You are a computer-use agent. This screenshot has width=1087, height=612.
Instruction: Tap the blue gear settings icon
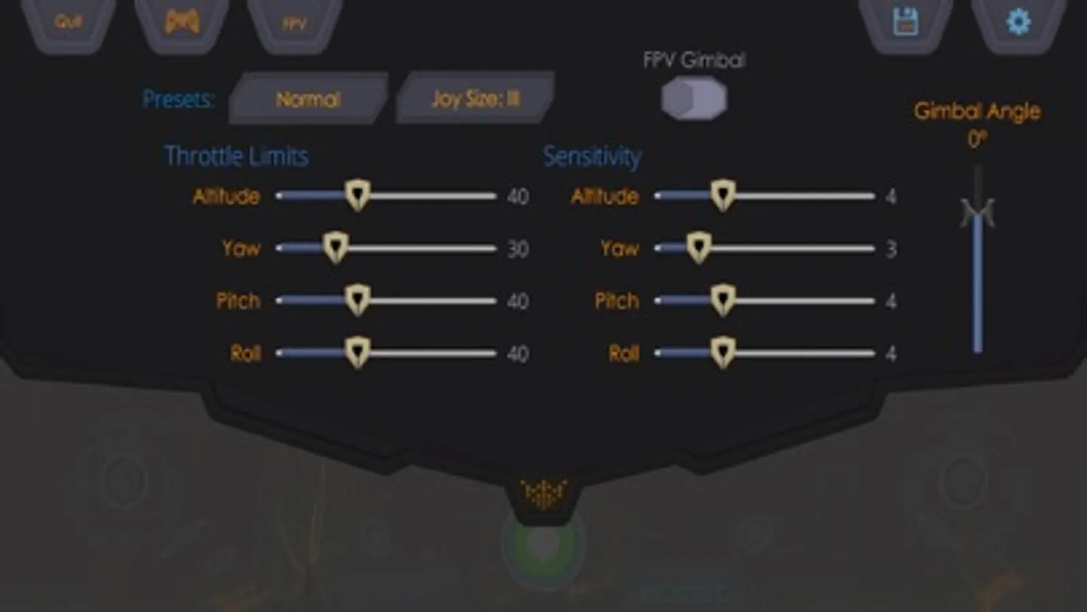[1018, 22]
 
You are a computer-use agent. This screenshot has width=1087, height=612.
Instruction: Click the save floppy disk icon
[905, 22]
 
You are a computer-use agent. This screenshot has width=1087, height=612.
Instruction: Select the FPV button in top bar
[294, 24]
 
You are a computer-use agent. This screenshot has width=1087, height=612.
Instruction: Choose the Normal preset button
[308, 99]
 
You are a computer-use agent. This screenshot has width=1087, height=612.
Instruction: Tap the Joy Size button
[475, 99]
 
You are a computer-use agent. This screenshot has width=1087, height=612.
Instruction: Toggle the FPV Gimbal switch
[693, 99]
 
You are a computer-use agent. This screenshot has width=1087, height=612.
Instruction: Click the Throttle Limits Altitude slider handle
[357, 196]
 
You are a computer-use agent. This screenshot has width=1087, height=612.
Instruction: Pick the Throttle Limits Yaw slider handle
[334, 248]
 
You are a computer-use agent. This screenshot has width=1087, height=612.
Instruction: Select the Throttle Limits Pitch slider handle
[357, 300]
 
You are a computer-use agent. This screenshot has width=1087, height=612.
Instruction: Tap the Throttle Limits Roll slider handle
[357, 352]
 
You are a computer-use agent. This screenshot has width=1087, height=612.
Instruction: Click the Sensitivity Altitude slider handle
[722, 196]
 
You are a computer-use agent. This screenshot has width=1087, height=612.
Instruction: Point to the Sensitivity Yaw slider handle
[698, 248]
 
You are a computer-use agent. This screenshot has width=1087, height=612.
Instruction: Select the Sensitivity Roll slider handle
[722, 352]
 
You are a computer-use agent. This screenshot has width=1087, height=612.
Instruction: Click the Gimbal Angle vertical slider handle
[978, 212]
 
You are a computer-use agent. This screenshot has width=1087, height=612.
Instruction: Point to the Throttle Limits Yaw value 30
[518, 249]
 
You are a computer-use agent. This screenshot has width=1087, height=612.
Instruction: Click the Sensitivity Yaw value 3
[891, 249]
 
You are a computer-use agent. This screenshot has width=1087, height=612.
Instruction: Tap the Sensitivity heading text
[591, 156]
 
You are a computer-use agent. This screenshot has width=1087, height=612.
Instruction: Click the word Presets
[178, 99]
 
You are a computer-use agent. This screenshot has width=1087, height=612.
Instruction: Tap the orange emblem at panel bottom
[543, 494]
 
